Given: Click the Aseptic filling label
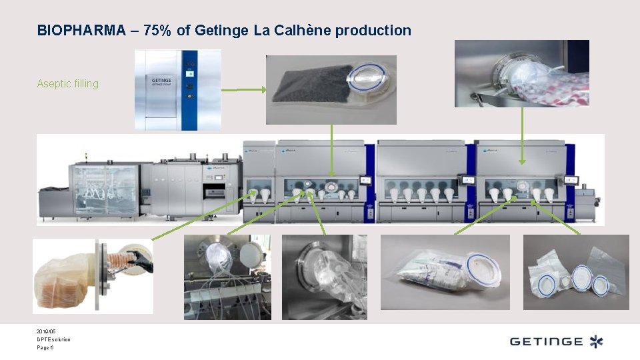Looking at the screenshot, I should coord(68,84).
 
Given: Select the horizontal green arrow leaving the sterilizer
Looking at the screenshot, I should coord(243,89).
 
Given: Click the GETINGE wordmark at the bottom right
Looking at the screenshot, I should coord(546,342).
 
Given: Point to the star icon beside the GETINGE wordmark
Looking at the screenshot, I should coord(595,342).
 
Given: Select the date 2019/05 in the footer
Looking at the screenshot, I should coord(47,331).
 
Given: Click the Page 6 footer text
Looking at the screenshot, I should coord(45,347).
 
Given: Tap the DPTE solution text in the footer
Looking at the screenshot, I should coord(54,339).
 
